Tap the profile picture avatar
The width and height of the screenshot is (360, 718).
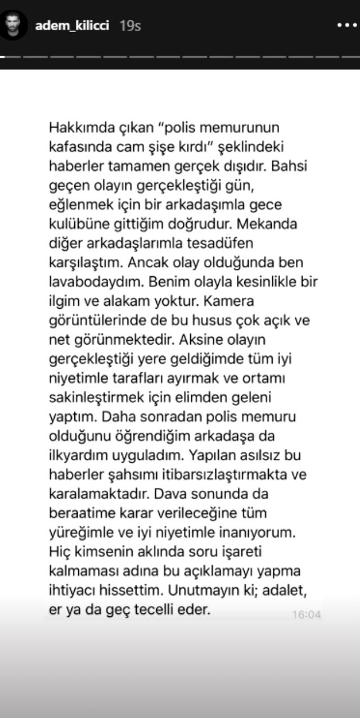[x=14, y=25]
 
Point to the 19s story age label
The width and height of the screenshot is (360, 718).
[x=130, y=26]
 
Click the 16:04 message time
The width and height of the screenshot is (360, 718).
[x=306, y=615]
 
